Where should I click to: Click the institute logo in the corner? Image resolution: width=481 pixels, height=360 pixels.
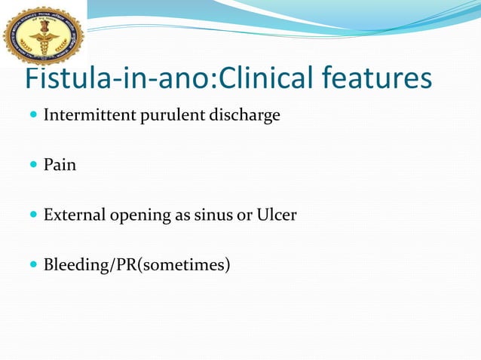43,34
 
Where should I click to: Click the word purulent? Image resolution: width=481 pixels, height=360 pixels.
161,116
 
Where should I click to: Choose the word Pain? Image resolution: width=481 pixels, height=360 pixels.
60,164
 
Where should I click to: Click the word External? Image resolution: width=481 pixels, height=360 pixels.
72,215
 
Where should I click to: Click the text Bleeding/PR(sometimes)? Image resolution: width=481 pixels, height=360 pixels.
136,264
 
